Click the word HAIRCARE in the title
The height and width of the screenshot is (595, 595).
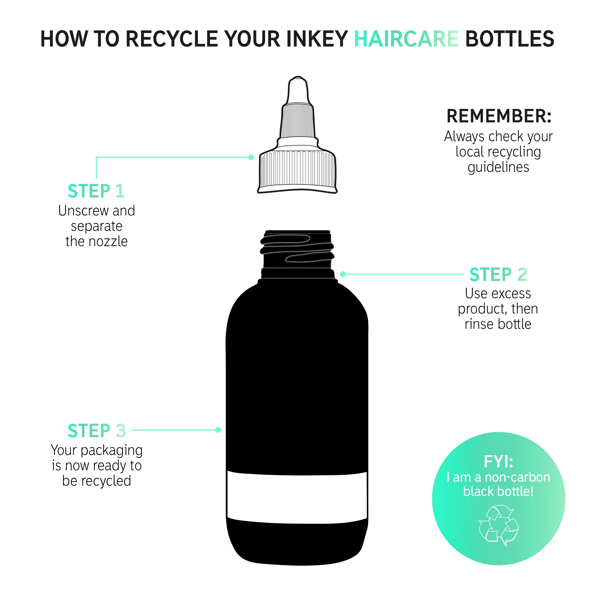pyautogui.click(x=406, y=39)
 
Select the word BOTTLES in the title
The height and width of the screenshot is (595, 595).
pyautogui.click(x=510, y=39)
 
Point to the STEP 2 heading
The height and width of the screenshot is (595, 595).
pyautogui.click(x=498, y=274)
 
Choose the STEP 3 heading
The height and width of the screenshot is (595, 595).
pyautogui.click(x=97, y=431)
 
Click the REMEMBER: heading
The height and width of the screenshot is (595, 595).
pyautogui.click(x=499, y=116)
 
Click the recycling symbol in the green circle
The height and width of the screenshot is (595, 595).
pyautogui.click(x=498, y=525)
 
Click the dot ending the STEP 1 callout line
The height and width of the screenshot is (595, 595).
pyautogui.click(x=251, y=157)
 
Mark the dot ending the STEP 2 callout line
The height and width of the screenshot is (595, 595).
pyautogui.click(x=343, y=274)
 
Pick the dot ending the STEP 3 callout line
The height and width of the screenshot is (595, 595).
pyautogui.click(x=218, y=430)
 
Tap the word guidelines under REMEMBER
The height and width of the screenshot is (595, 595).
pyautogui.click(x=498, y=168)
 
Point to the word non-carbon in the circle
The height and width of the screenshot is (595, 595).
pyautogui.click(x=517, y=477)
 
